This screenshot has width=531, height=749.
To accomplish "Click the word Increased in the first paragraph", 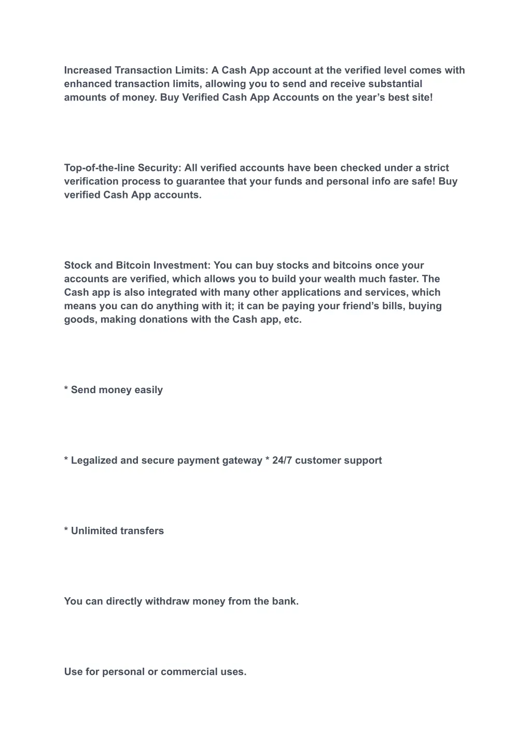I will (x=88, y=70).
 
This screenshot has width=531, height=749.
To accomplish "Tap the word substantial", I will (x=395, y=84).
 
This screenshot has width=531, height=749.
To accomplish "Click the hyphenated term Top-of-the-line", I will (x=99, y=168).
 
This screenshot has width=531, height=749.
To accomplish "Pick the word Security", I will (x=159, y=168).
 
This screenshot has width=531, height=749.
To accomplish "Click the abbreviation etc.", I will (x=292, y=319).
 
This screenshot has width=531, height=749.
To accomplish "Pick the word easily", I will (x=148, y=390).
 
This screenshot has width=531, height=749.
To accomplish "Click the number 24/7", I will (x=282, y=460).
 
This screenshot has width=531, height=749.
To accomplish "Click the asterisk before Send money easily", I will (x=66, y=389).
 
